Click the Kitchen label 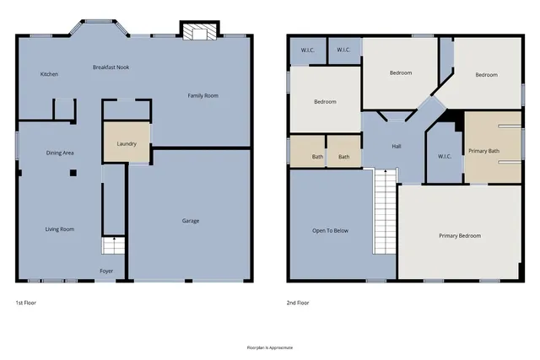pos(49,74)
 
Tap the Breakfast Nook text pos(111,67)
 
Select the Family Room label pos(202,96)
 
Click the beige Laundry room pos(126,143)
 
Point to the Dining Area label pos(60,153)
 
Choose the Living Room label pos(60,228)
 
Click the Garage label pos(191,221)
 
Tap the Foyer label pos(106,271)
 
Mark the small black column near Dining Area pos(73,172)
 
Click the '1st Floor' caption pos(25,302)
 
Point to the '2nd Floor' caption pos(299,302)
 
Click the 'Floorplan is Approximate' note pos(269,347)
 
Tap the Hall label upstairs pos(397,146)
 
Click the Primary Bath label pos(484,151)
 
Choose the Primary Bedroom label pos(460,235)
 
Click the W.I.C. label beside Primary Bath pos(445,156)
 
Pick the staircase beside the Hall pos(385,211)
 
